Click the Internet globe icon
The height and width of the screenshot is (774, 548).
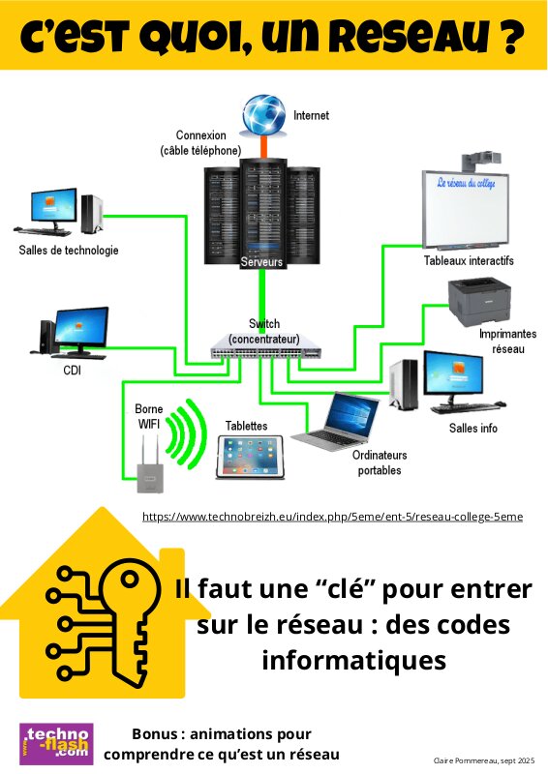point(264,115)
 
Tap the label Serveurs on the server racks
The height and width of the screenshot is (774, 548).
point(261,261)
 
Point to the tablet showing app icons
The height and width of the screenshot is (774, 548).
point(250,457)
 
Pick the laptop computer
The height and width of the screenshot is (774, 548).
point(336,421)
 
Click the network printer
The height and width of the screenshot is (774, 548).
point(479,301)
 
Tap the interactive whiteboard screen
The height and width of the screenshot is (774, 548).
point(466,209)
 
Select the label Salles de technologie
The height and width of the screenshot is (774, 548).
point(69,251)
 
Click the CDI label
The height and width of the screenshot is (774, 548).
point(73,371)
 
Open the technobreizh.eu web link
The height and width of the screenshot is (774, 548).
point(332,517)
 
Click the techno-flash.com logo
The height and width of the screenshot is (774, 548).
point(56,744)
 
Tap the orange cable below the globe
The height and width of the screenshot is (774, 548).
point(264,147)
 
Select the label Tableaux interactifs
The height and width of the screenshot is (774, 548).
point(469,260)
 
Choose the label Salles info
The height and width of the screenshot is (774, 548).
point(472,428)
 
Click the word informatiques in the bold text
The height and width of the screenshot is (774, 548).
point(353,661)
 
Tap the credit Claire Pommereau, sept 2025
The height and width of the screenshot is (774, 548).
point(484,760)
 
